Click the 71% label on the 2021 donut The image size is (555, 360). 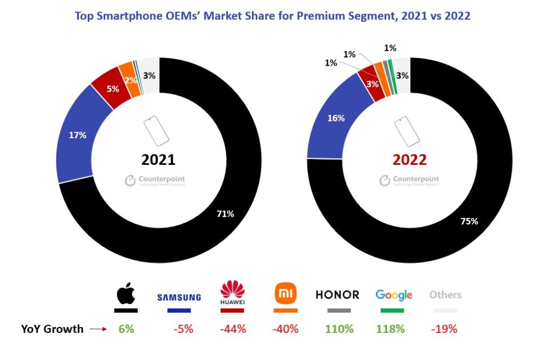pyautogui.click(x=225, y=214)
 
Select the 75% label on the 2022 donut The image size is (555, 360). pyautogui.click(x=469, y=221)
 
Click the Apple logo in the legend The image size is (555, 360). pyautogui.click(x=126, y=295)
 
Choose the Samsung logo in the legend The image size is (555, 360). pyautogui.click(x=179, y=297)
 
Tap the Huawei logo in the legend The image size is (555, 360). pyautogui.click(x=233, y=293)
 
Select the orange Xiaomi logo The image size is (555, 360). pyautogui.click(x=286, y=294)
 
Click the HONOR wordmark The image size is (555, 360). pyautogui.click(x=338, y=295)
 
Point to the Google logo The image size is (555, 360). pyautogui.click(x=394, y=295)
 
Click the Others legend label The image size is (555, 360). pyautogui.click(x=445, y=295)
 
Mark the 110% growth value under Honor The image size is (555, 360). pyautogui.click(x=339, y=329)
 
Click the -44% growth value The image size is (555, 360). pyautogui.click(x=232, y=329)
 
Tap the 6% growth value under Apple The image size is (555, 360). pyautogui.click(x=126, y=329)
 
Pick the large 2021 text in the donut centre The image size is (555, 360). pyautogui.click(x=158, y=160)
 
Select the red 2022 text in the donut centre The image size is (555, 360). pyautogui.click(x=409, y=160)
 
